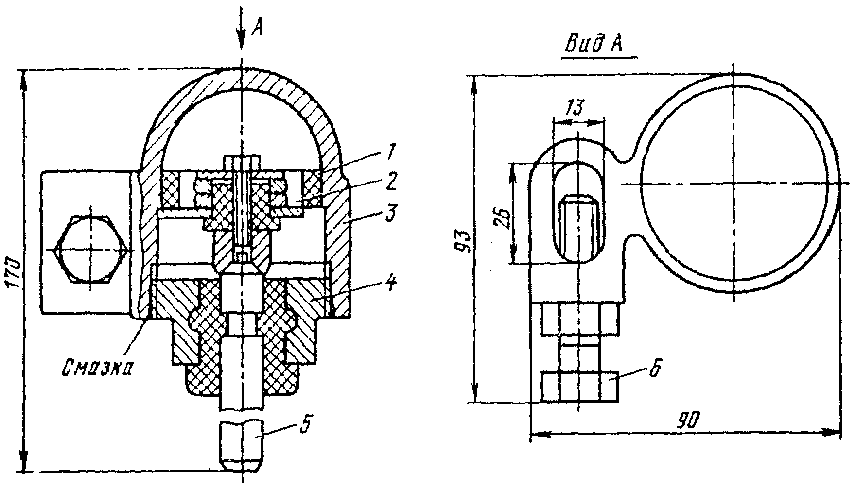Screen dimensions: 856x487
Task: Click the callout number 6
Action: [x=654, y=369]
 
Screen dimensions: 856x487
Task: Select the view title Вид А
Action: [x=595, y=45]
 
